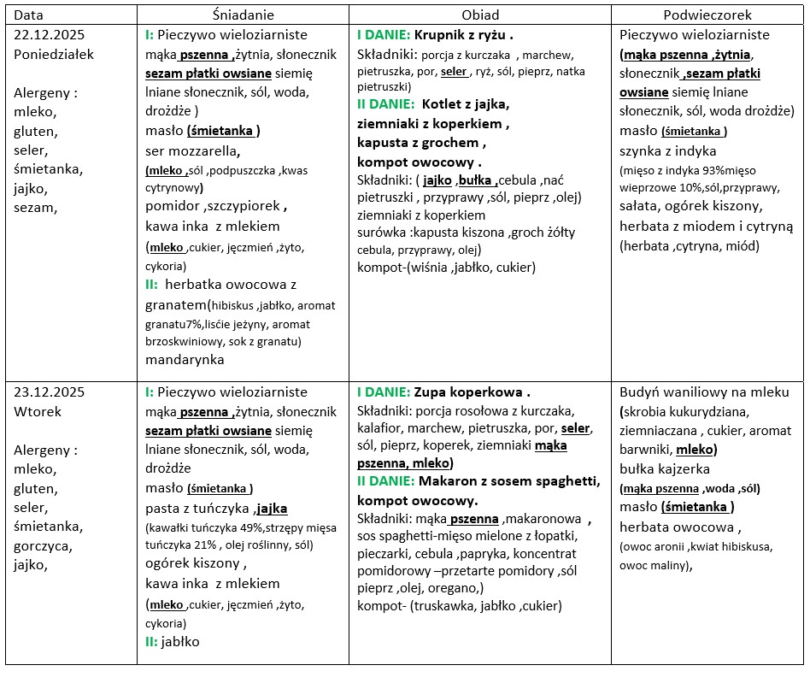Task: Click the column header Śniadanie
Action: pos(242,15)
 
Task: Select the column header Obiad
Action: pos(480,15)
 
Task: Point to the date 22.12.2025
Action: pos(50,35)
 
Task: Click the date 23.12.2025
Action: pos(50,392)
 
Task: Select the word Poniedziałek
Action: pos(54,54)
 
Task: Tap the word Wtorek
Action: pos(37,411)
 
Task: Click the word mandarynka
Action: pos(185,359)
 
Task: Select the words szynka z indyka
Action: pos(667,150)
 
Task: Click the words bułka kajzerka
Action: pos(665,469)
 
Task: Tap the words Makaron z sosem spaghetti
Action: pos(508,481)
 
